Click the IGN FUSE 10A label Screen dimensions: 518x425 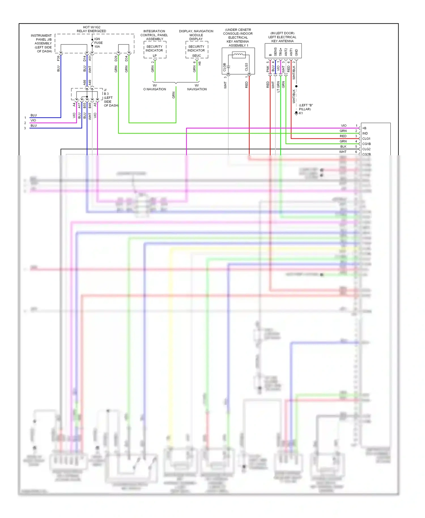(98, 43)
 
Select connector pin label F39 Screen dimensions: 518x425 (58, 58)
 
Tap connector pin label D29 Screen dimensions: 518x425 (116, 58)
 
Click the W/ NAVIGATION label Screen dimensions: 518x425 (197, 87)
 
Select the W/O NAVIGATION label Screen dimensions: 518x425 (155, 87)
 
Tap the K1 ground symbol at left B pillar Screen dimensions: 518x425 (297, 113)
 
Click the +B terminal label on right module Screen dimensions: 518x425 (364, 128)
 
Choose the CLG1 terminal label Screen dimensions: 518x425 (366, 139)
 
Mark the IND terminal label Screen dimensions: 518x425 (365, 133)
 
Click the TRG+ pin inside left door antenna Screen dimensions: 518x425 (280, 52)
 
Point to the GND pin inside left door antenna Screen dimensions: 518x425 (296, 52)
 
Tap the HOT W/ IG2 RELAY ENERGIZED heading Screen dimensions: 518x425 (91, 29)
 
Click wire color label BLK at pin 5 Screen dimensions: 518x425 (343, 147)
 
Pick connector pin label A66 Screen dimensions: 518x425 (84, 82)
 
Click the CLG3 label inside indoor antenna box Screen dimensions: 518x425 (246, 67)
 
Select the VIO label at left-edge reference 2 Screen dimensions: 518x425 (33, 120)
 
